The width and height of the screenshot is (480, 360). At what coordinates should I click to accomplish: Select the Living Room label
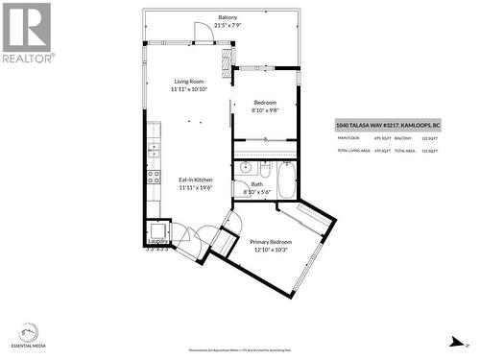pyautogui.click(x=188, y=82)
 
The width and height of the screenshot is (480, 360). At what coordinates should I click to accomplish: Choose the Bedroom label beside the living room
pyautogui.click(x=265, y=103)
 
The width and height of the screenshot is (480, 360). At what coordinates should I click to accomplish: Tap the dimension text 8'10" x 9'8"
pyautogui.click(x=265, y=110)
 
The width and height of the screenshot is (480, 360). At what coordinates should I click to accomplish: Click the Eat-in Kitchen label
pyautogui.click(x=196, y=180)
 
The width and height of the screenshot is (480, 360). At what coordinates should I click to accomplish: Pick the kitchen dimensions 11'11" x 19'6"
pyautogui.click(x=196, y=187)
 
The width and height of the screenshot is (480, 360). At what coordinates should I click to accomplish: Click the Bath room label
pyautogui.click(x=257, y=184)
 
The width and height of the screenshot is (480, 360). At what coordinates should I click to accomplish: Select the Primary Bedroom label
pyautogui.click(x=271, y=242)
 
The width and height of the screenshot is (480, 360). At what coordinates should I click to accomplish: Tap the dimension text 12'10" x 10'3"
pyautogui.click(x=271, y=250)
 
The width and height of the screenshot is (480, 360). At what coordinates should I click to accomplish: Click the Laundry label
pyautogui.click(x=156, y=241)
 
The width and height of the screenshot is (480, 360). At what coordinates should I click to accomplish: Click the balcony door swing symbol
pyautogui.click(x=203, y=34)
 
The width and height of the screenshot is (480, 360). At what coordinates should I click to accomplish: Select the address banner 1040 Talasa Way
pyautogui.click(x=387, y=125)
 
